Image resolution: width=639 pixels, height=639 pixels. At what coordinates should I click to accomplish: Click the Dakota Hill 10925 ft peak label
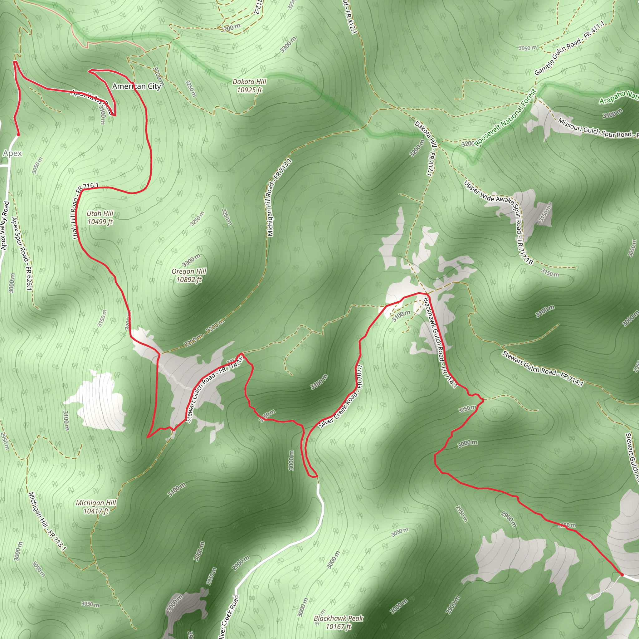(x=249, y=86)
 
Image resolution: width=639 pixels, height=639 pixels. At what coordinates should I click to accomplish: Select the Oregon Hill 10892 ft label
(x=189, y=275)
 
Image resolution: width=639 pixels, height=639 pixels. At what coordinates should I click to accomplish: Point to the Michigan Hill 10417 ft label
(x=96, y=507)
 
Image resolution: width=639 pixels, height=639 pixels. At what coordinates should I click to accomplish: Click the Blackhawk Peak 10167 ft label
(x=338, y=622)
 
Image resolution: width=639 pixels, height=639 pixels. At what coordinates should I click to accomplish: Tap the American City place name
(x=137, y=86)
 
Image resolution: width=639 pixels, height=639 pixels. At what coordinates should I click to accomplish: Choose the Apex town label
(x=12, y=153)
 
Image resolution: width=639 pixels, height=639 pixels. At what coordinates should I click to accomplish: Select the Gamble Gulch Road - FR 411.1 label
(x=569, y=48)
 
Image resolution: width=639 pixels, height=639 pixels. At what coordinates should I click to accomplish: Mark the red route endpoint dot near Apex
(x=18, y=134)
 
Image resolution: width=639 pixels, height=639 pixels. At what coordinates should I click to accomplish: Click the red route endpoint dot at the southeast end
(x=622, y=575)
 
